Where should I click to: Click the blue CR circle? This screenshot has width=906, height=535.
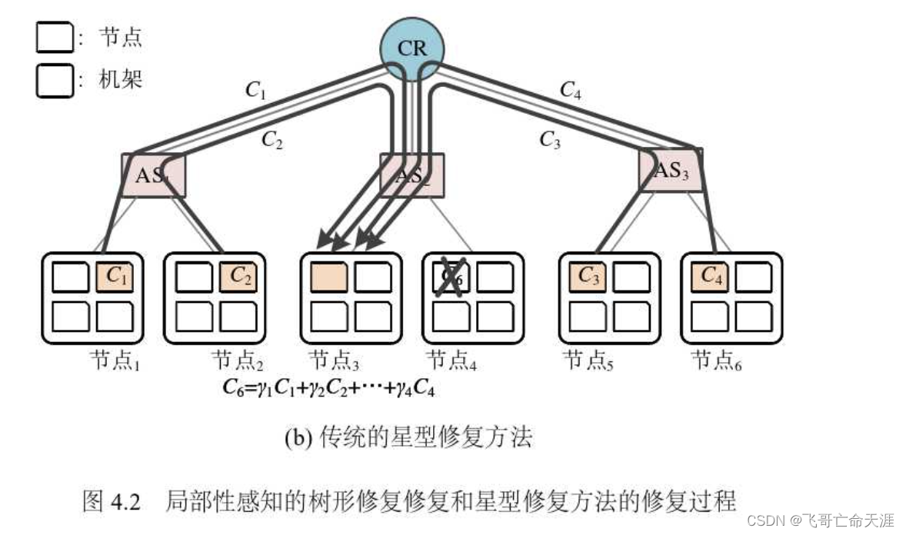412,48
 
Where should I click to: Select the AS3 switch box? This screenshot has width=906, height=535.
671,170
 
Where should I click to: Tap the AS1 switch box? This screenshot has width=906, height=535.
153,174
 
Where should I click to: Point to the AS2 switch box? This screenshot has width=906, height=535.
411,174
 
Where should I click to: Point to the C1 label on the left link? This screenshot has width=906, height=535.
255,90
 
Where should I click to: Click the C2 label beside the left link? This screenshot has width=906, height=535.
272,139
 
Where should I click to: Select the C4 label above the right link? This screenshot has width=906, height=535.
570,90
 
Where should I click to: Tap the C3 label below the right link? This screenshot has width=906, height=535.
549,139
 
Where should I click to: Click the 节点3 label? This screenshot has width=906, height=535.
334,360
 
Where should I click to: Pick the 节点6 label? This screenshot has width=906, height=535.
717,360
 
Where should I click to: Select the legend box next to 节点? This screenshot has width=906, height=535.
54,38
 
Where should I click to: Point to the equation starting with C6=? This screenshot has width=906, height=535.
330,388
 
